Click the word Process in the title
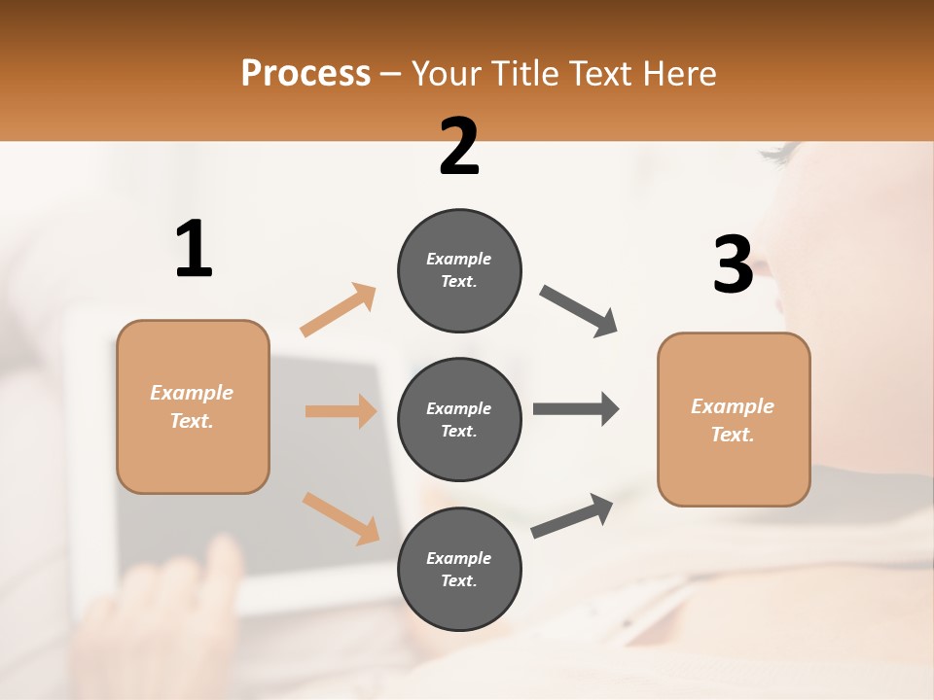coord(305,74)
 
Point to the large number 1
coord(194,250)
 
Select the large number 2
coord(459,147)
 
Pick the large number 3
coord(733,264)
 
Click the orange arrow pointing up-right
coord(339,310)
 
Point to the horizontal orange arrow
coord(341,411)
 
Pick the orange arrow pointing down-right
coord(341,518)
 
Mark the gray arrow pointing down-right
coord(579,311)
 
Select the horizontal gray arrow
coord(576,408)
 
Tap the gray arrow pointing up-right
coord(572,516)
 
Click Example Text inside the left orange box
coord(192,406)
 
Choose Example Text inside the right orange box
coord(733,420)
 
